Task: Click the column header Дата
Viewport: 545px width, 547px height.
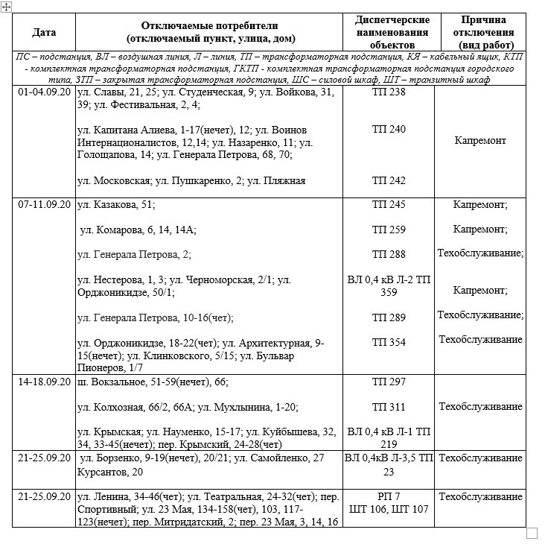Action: (x=44, y=33)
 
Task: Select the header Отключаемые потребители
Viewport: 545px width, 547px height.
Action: (x=210, y=33)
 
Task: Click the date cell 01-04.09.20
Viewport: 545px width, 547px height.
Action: (x=44, y=92)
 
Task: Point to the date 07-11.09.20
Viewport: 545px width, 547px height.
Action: (x=44, y=204)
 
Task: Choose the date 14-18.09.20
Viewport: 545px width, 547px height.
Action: (x=44, y=382)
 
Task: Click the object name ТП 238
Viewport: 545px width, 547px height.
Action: (x=388, y=92)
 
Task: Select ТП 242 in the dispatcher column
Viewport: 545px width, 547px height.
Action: (x=388, y=180)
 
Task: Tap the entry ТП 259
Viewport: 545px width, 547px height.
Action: (x=388, y=230)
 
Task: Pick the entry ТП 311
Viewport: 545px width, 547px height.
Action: (x=388, y=407)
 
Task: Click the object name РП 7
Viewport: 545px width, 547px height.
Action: (x=388, y=497)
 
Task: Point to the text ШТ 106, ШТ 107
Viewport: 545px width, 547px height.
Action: (x=388, y=510)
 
